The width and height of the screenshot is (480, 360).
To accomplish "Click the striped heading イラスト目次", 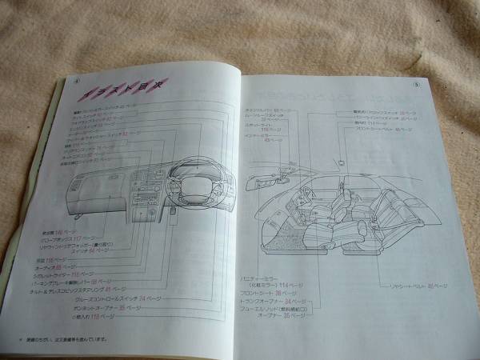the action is click(x=108, y=97).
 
